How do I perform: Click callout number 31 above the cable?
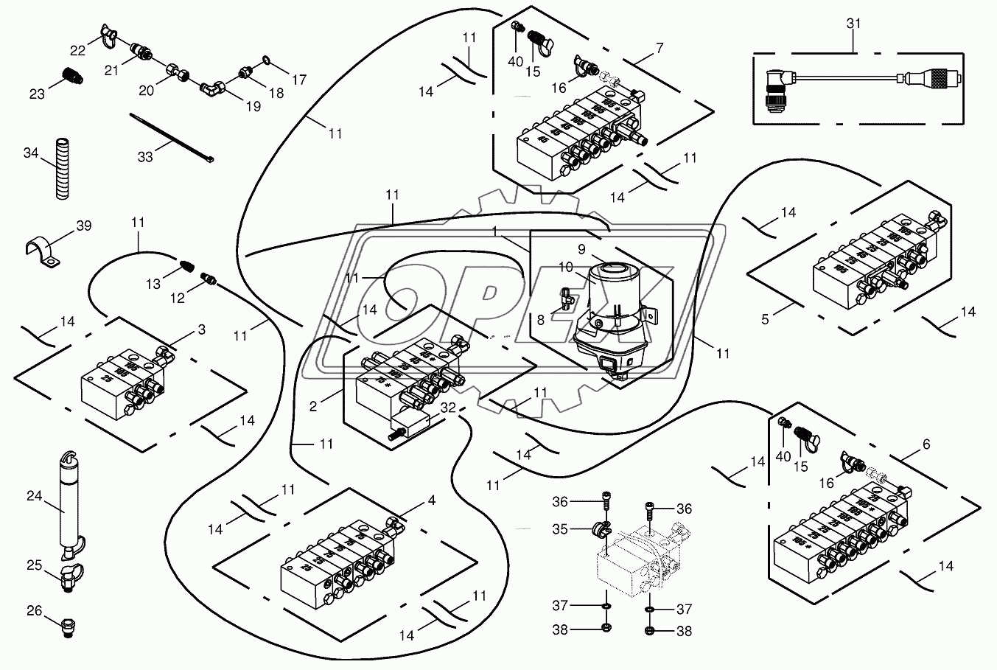(x=853, y=24)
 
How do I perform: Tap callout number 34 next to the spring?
(x=30, y=153)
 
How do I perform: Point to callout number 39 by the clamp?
(x=85, y=226)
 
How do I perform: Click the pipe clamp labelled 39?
(x=44, y=252)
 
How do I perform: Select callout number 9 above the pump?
(x=581, y=249)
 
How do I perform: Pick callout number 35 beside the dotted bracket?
(x=561, y=528)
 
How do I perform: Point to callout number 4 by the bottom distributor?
(x=431, y=500)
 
